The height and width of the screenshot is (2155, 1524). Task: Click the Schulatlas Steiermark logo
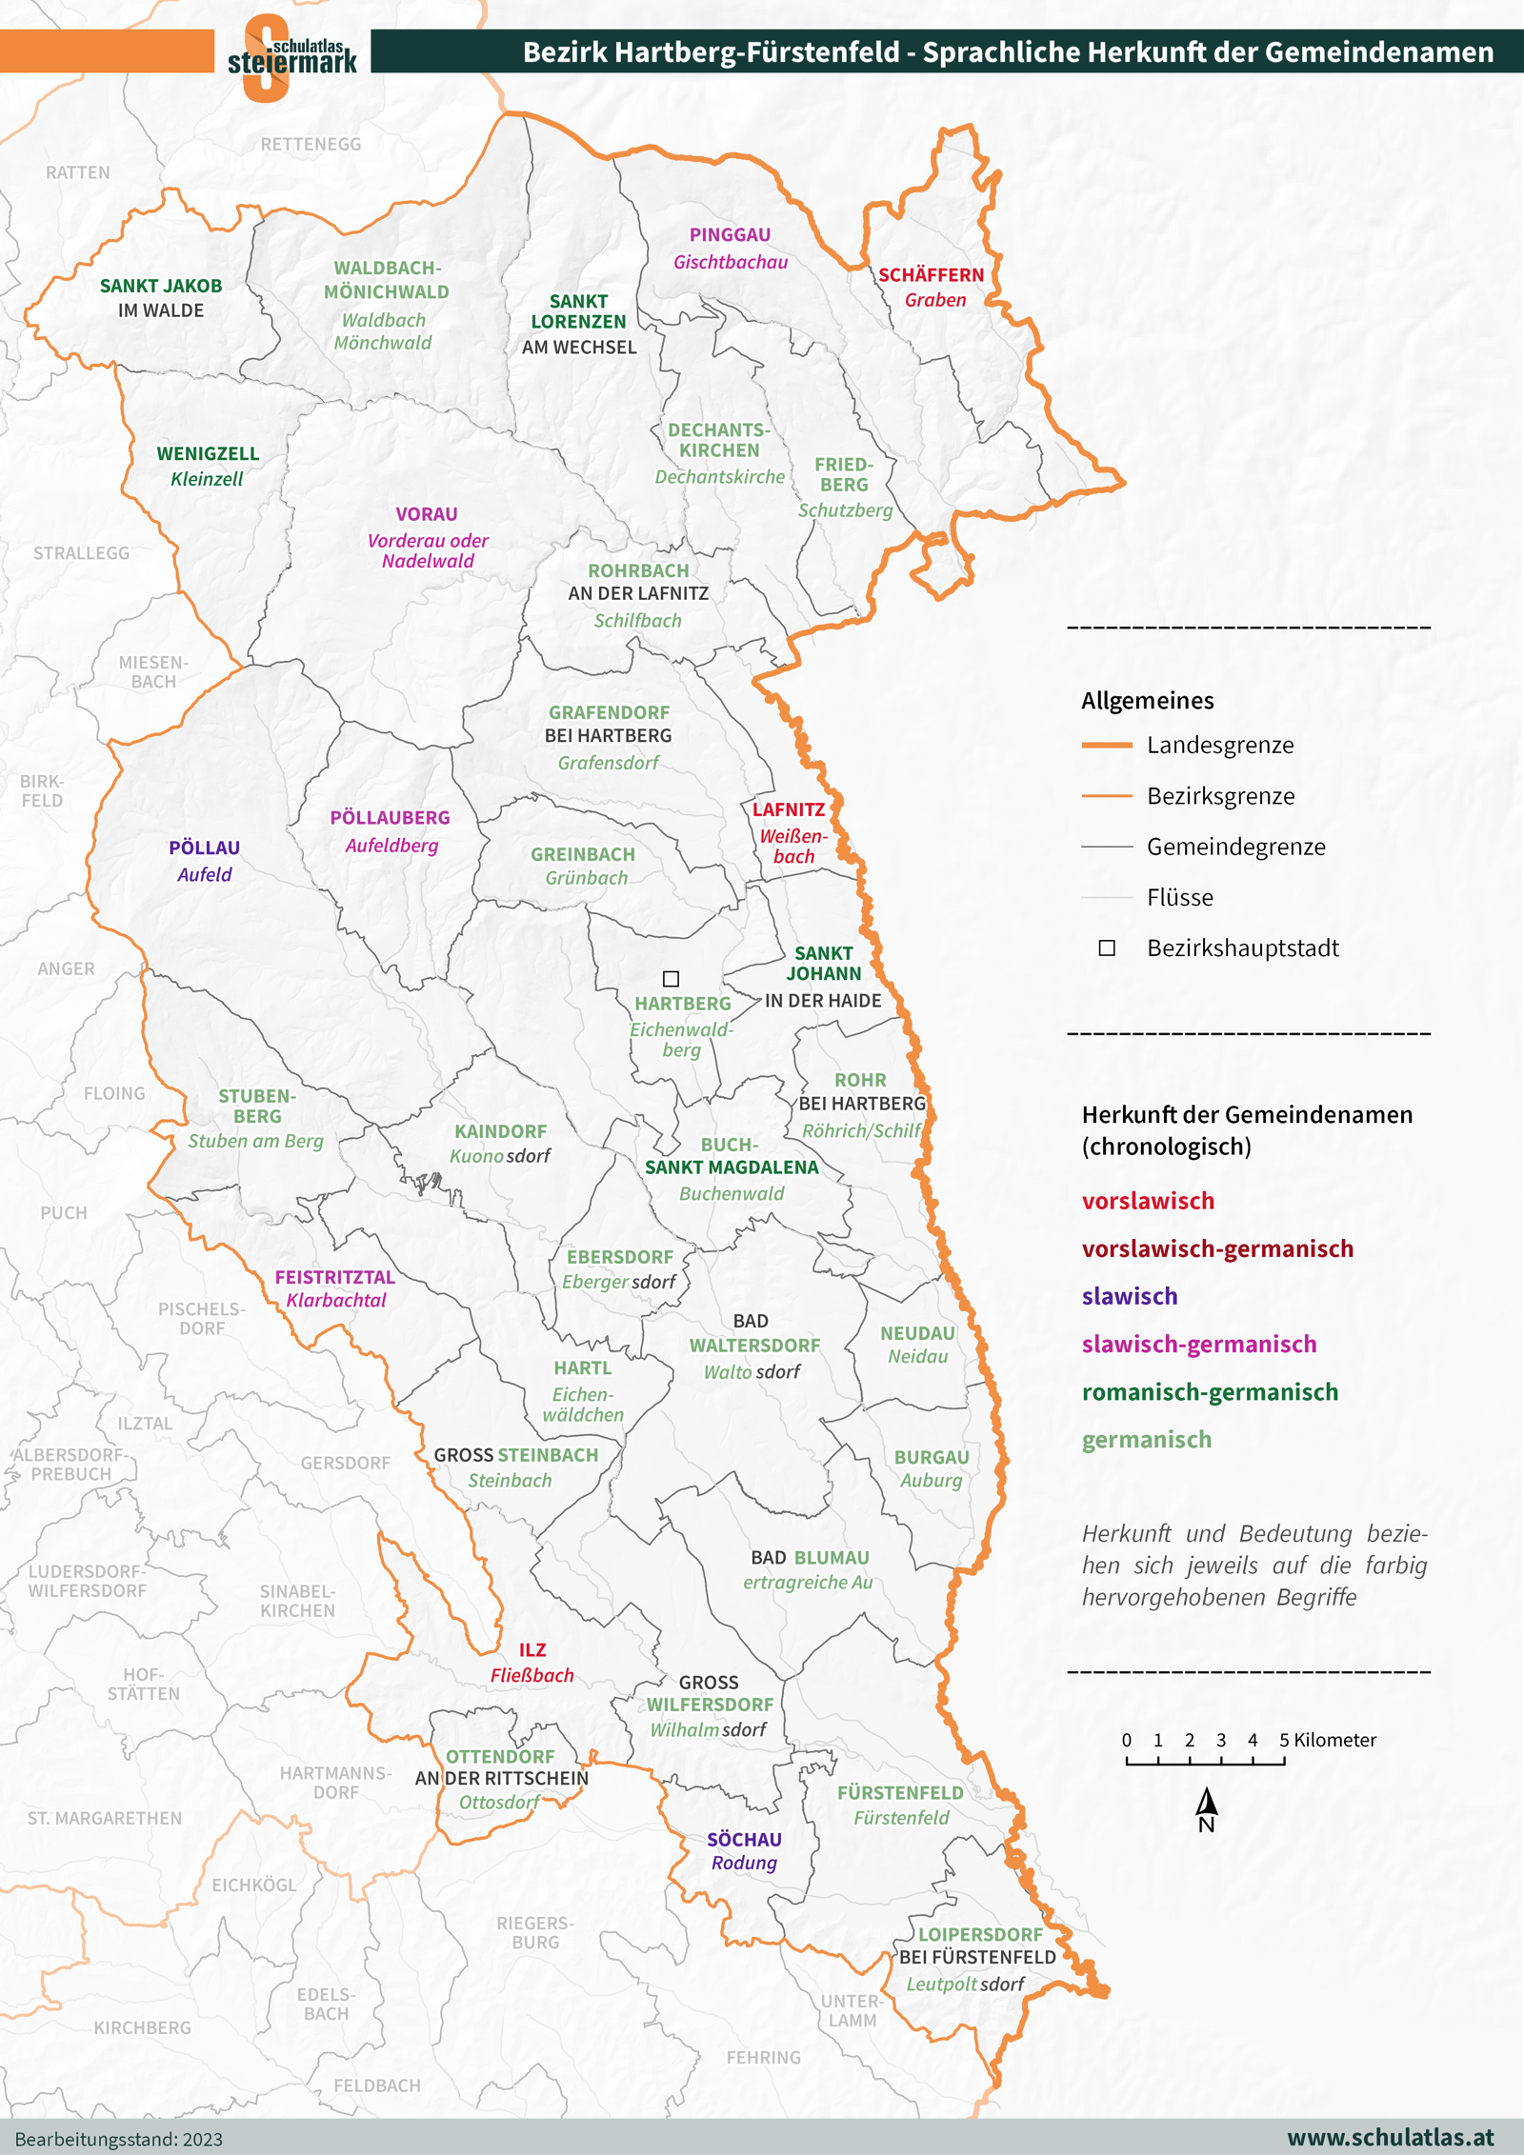point(291,57)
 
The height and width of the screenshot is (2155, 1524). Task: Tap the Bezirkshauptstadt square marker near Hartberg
point(671,979)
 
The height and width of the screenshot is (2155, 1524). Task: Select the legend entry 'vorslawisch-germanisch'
point(1216,1248)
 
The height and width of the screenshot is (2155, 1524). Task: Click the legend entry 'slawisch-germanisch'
point(1198,1344)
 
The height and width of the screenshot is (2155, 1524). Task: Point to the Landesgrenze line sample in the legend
point(1107,745)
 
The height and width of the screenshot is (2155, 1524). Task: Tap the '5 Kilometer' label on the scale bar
point(1328,1740)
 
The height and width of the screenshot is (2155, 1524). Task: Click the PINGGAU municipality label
point(730,235)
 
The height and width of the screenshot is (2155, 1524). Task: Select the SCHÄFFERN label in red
point(931,275)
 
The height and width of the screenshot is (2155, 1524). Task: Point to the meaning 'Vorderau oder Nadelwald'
point(428,550)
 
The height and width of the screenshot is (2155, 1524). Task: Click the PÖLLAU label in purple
point(204,848)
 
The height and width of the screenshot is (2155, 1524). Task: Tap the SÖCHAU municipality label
point(744,1840)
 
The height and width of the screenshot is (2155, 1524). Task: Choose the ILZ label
point(532,1650)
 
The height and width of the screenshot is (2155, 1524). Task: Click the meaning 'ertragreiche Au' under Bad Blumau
point(808,1582)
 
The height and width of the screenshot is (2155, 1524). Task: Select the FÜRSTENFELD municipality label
point(900,1792)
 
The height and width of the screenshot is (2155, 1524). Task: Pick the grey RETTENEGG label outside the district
point(311,145)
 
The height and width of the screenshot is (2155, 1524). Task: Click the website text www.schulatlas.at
point(1390,2137)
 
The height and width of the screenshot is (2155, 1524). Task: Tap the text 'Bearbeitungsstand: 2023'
point(119,2139)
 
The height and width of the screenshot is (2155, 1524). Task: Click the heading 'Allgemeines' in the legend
point(1147,701)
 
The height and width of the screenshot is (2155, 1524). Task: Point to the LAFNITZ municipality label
point(789,810)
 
